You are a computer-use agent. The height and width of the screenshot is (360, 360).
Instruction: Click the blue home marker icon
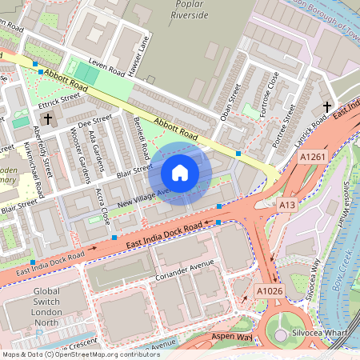[180, 173]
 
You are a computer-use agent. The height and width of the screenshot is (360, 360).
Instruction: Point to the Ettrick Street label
[60, 102]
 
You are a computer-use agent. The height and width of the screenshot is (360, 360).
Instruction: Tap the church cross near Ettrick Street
[48, 119]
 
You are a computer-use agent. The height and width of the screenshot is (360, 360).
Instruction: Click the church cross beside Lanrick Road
[326, 106]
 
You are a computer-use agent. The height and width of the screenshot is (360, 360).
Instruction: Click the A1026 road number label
[268, 290]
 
